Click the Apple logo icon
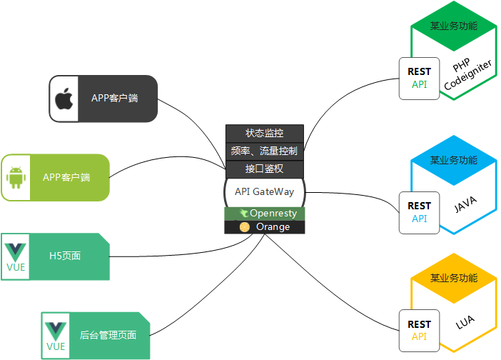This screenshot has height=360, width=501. tap(64, 98)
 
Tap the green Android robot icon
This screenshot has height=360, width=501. tap(16, 177)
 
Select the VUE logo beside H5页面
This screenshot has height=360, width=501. tap(16, 256)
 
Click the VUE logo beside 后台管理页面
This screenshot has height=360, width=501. tap(56, 335)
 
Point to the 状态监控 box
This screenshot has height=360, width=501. tap(265, 133)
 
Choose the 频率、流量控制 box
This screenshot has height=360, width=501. tap(265, 151)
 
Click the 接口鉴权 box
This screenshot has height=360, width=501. tap(265, 169)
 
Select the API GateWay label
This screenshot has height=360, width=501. tap(265, 191)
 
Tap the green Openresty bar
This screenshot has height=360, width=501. tap(265, 214)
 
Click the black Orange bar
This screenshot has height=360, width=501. tap(265, 227)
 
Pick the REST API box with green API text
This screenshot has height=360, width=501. tap(420, 78)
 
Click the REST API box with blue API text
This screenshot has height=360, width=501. tap(420, 212)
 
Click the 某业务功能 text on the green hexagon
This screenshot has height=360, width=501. tap(454, 26)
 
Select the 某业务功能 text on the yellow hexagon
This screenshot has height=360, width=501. tap(454, 278)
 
